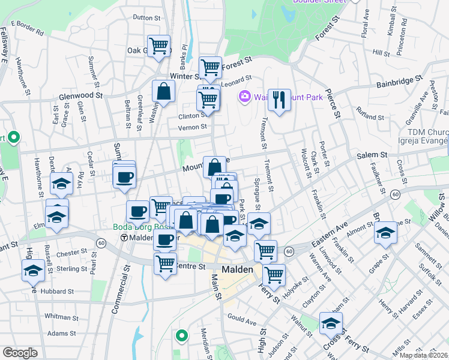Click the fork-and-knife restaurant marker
(x=279, y=98)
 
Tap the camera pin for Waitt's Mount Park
(x=244, y=96)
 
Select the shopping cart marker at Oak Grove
(x=159, y=45)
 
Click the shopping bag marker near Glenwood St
(x=163, y=92)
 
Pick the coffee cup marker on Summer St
(x=125, y=177)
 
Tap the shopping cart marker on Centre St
(x=165, y=262)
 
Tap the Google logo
(x=20, y=353)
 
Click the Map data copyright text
(x=424, y=355)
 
